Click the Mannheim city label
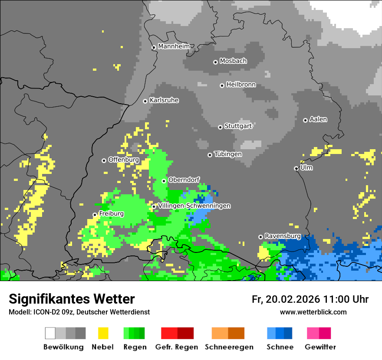[x=174, y=46]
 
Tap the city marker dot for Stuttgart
[x=220, y=127]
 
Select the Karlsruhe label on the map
[x=164, y=100]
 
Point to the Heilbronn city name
[x=241, y=85]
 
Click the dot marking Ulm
[x=296, y=168]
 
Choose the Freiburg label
[x=111, y=214]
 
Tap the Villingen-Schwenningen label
[x=194, y=206]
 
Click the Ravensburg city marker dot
[x=260, y=237]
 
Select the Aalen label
[x=318, y=119]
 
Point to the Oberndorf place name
[x=184, y=180]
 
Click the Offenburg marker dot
[x=104, y=160]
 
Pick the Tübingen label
[x=228, y=154]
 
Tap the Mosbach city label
[x=233, y=61]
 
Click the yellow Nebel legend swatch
[x=103, y=333]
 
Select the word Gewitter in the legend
[x=320, y=347]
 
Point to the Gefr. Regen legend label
[x=177, y=347]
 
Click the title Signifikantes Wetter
[x=72, y=299]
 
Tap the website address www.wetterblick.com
[x=313, y=312]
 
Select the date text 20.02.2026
[x=292, y=299]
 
